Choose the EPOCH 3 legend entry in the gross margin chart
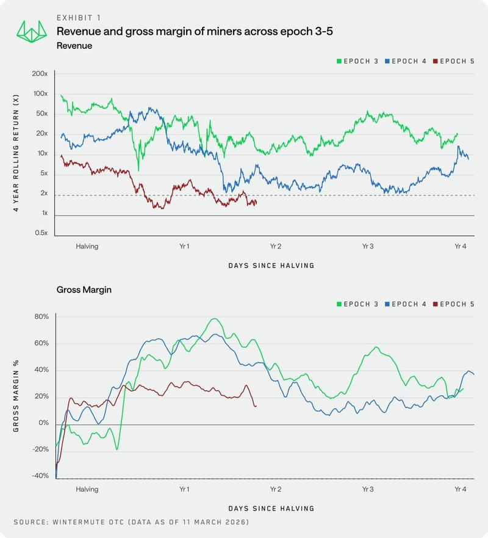click(x=358, y=304)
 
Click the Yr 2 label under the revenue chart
click(x=275, y=247)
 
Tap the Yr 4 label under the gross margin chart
click(x=461, y=489)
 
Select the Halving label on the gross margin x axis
click(x=87, y=489)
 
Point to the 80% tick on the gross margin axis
click(x=41, y=317)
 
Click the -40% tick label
click(x=40, y=476)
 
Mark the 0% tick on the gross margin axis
click(x=43, y=423)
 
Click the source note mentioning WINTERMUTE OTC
click(x=131, y=523)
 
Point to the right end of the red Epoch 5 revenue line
click(x=256, y=203)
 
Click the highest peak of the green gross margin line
click(x=214, y=319)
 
